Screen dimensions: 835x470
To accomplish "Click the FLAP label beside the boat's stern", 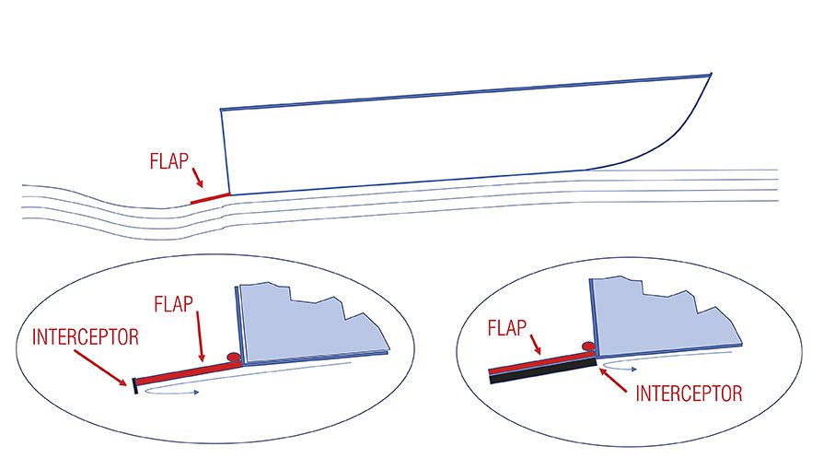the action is click(169, 161).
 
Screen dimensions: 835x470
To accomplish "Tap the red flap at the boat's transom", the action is click(210, 199).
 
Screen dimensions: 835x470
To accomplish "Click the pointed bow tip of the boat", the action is click(711, 74).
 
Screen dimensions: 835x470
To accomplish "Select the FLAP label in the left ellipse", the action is click(174, 304).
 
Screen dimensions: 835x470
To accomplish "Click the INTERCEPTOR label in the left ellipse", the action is click(86, 336).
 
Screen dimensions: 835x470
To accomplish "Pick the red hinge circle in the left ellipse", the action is click(233, 357).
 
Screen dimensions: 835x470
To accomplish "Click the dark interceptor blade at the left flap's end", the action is click(135, 386).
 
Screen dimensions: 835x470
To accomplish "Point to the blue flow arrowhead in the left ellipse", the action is click(196, 393).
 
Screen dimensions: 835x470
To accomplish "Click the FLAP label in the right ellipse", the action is click(507, 328).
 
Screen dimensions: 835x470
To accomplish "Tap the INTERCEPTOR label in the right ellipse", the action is click(690, 394).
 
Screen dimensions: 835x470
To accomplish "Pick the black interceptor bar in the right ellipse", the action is click(542, 370).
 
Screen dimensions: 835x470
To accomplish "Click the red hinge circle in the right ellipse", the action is click(588, 347).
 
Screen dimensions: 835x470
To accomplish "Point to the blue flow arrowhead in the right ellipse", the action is click(633, 370).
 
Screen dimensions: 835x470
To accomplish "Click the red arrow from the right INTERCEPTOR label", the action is click(613, 380).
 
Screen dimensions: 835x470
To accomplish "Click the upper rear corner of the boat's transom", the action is click(221, 110).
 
